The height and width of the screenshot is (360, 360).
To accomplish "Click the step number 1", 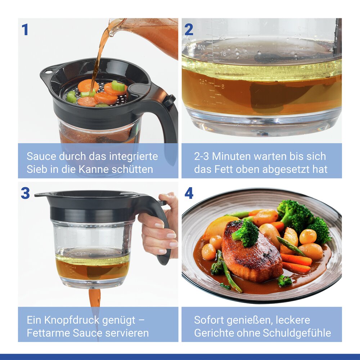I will point(25,30).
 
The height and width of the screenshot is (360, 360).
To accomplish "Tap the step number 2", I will point(189,30).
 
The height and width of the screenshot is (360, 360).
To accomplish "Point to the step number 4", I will point(189,193).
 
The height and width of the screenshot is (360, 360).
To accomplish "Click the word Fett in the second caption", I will point(224,169).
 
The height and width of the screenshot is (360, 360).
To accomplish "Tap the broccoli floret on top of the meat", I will point(246,234).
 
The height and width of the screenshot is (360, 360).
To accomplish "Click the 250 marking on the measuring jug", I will point(203,82).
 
